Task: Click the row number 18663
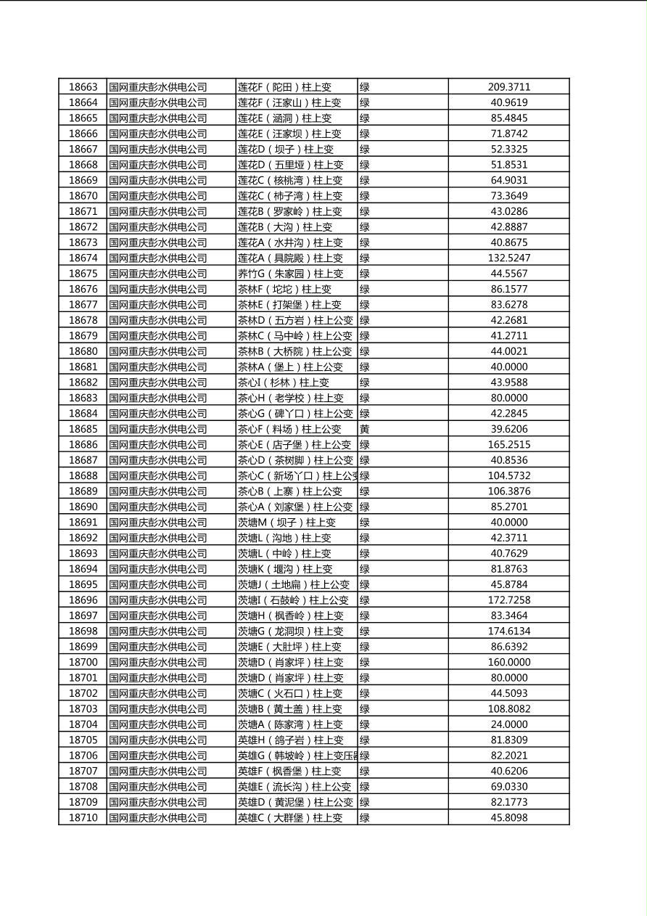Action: click(x=83, y=87)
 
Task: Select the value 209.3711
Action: click(x=508, y=87)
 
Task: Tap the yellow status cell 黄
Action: click(x=365, y=429)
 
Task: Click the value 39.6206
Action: click(x=508, y=429)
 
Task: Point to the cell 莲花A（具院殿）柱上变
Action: click(x=290, y=258)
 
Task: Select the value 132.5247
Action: click(x=508, y=258)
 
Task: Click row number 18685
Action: click(x=83, y=429)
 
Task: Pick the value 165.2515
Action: click(x=508, y=445)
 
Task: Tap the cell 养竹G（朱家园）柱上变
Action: click(x=290, y=274)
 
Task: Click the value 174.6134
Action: click(x=508, y=631)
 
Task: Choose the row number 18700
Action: click(x=83, y=662)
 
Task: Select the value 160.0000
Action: click(x=508, y=662)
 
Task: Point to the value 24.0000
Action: click(x=508, y=724)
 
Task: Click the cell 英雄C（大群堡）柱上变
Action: click(x=290, y=818)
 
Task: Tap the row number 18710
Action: click(x=83, y=818)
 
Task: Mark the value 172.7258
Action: click(x=508, y=600)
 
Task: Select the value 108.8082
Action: click(x=508, y=709)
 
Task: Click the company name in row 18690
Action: click(x=158, y=507)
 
